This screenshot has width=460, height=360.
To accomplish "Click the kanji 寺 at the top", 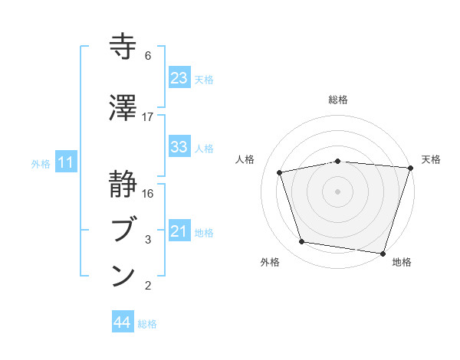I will coord(123,47).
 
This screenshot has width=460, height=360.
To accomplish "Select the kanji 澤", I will coord(123,107).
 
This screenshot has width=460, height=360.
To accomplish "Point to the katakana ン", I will coord(123,275).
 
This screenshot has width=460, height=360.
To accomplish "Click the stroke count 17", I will coord(148,117).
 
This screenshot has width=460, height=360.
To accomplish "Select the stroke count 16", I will coord(148,193).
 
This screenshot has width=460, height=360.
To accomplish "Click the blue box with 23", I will coord(179,78).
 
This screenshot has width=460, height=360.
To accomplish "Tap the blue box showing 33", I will coord(179,147).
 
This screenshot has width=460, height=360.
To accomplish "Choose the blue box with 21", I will coord(179,231).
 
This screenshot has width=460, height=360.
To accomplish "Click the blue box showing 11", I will coord(65,162).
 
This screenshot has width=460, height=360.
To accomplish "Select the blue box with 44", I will coord(122,323).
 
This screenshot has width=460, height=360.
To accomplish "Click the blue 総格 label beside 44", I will coord(147,324).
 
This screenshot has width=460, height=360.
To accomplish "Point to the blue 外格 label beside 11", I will coord(41,163).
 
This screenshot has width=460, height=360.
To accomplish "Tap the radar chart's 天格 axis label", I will coord(431,159).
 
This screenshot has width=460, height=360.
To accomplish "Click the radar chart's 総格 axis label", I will coord(337,100).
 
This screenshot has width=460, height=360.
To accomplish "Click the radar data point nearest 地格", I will coord(383,252).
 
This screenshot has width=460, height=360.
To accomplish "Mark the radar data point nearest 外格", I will coord(302,242).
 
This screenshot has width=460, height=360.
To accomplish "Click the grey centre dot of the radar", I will coord(337,191).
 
